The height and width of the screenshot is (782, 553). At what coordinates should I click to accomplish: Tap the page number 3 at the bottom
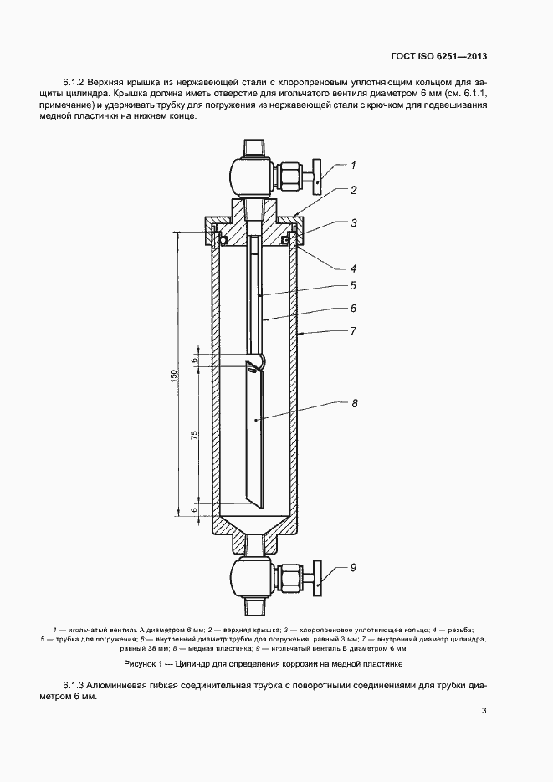(484, 712)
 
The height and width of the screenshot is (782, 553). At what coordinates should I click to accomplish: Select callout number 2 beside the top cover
(354, 190)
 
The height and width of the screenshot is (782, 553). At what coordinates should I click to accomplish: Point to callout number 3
(354, 223)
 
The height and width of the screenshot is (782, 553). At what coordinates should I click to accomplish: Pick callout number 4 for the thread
(354, 268)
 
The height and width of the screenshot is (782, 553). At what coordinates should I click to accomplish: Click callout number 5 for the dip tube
(354, 285)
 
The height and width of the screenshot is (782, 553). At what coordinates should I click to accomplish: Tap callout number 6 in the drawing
(354, 308)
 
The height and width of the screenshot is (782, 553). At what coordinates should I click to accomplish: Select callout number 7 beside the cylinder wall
(354, 332)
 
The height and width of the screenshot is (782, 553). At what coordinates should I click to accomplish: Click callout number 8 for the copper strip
(354, 403)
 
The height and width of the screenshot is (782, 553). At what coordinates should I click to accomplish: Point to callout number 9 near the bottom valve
(354, 568)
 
